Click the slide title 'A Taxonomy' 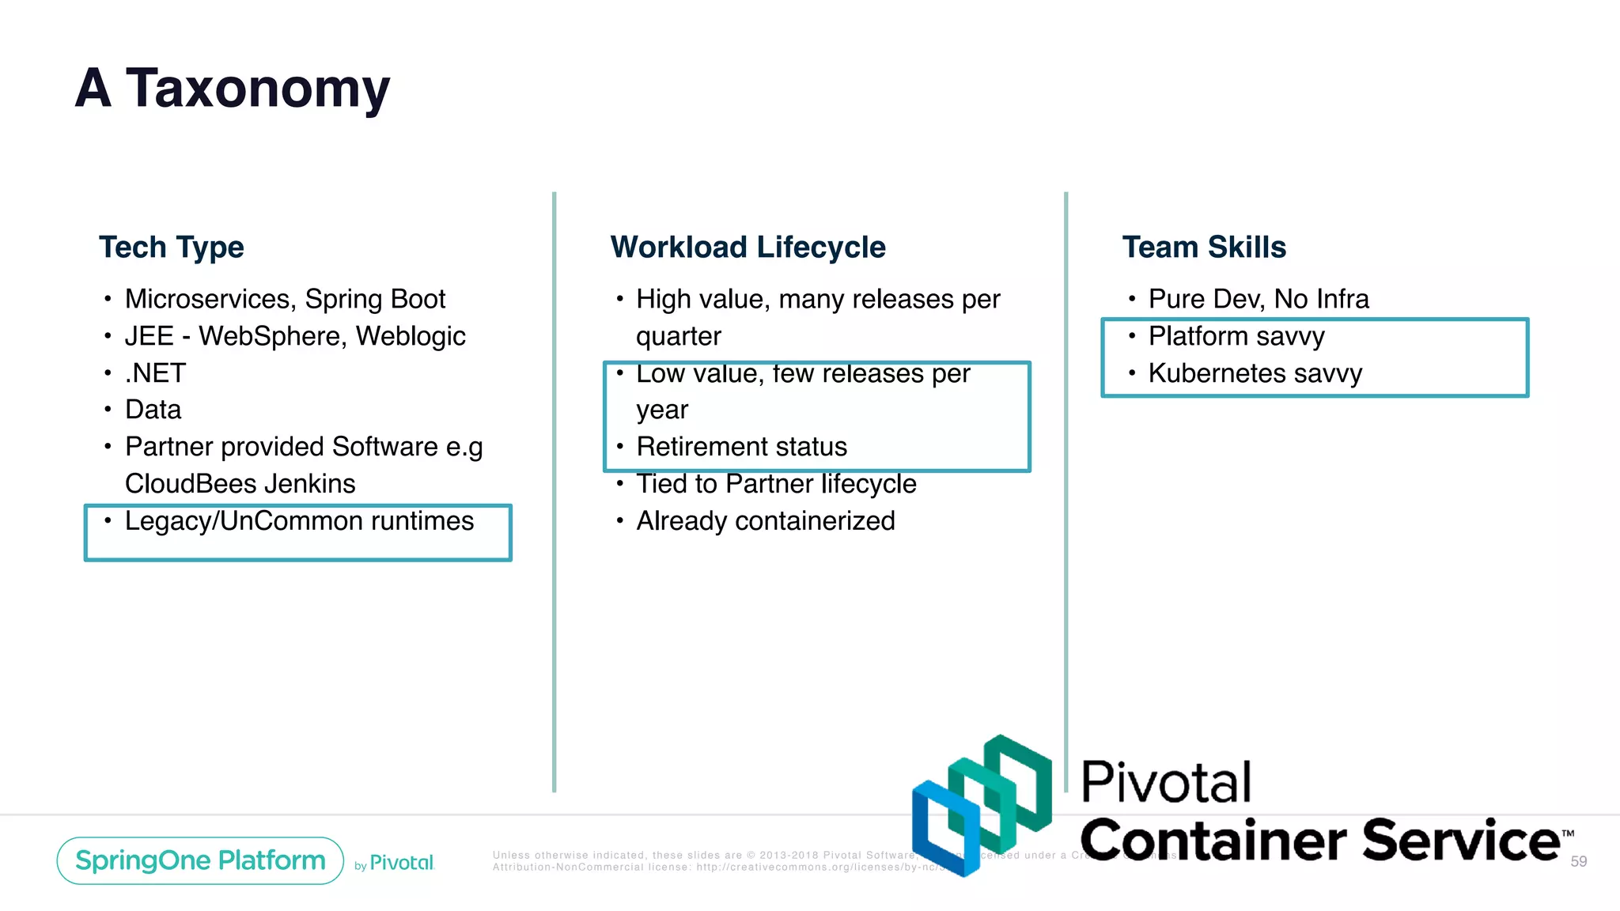pyautogui.click(x=232, y=88)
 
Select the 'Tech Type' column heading pyautogui.click(x=171, y=248)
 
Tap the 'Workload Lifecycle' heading pyautogui.click(x=748, y=248)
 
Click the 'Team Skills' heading pyautogui.click(x=1204, y=248)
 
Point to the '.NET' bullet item pyautogui.click(x=155, y=373)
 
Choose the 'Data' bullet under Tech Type pyautogui.click(x=153, y=410)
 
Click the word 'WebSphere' pyautogui.click(x=272, y=336)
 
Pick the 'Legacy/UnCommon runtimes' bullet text pyautogui.click(x=299, y=521)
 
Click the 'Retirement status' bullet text pyautogui.click(x=741, y=447)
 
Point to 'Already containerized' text pyautogui.click(x=765, y=521)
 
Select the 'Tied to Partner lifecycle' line pyautogui.click(x=776, y=484)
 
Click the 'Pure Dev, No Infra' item pyautogui.click(x=1258, y=299)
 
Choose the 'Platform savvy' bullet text pyautogui.click(x=1236, y=336)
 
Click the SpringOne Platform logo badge pyautogui.click(x=200, y=860)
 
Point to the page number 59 pyautogui.click(x=1578, y=861)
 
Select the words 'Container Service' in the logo pyautogui.click(x=1319, y=840)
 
